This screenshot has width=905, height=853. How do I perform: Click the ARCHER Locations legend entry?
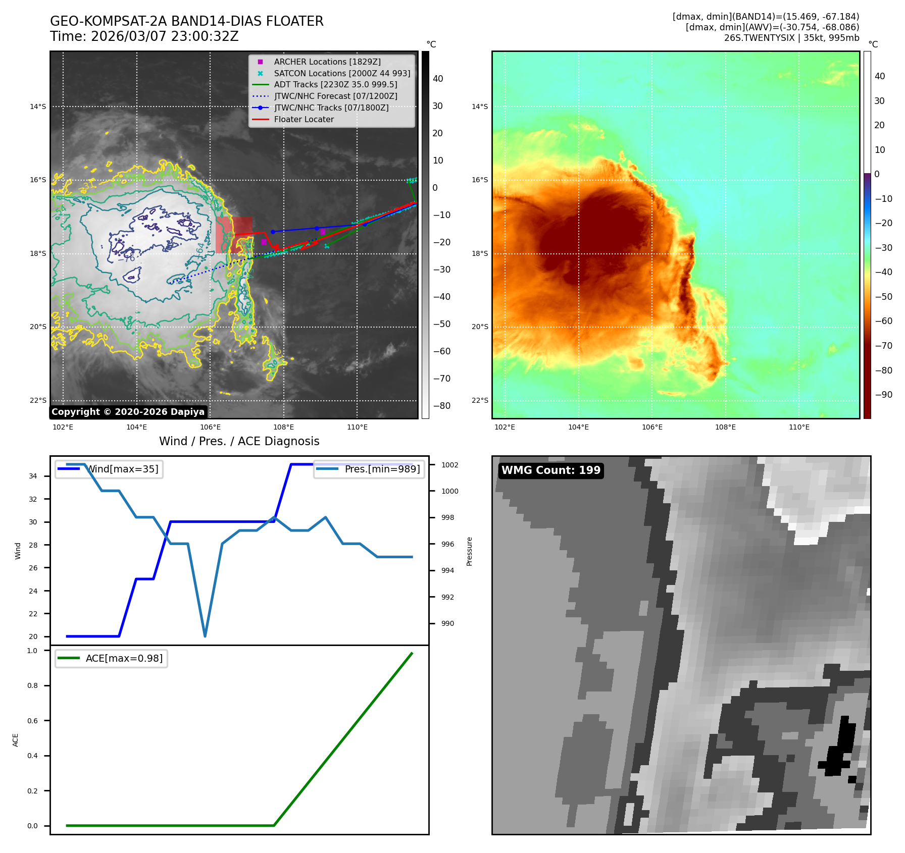click(x=327, y=62)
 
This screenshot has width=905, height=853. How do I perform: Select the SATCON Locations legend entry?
click(x=342, y=73)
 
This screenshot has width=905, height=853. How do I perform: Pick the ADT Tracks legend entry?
click(x=335, y=85)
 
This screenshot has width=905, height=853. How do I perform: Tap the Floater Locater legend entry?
click(x=304, y=120)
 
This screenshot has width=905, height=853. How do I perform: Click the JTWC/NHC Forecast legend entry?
click(x=335, y=96)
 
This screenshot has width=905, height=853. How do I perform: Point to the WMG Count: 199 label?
click(x=550, y=470)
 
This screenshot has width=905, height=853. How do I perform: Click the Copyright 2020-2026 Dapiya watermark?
click(x=128, y=412)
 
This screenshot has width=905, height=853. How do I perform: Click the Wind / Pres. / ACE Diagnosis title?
click(x=239, y=441)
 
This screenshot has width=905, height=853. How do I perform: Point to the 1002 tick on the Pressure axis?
click(x=449, y=465)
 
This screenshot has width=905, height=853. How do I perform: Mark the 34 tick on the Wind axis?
click(x=33, y=476)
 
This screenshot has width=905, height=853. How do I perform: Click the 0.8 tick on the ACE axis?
click(x=32, y=685)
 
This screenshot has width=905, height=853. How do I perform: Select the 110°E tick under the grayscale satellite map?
click(x=357, y=427)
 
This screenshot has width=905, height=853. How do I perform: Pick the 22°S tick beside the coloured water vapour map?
click(x=480, y=400)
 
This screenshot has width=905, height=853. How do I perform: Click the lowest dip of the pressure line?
click(x=205, y=636)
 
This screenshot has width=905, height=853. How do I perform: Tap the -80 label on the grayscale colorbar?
click(x=441, y=406)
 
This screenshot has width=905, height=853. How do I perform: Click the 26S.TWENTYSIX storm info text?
click(x=791, y=38)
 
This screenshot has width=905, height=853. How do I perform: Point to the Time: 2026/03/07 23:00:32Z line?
click(x=144, y=36)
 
